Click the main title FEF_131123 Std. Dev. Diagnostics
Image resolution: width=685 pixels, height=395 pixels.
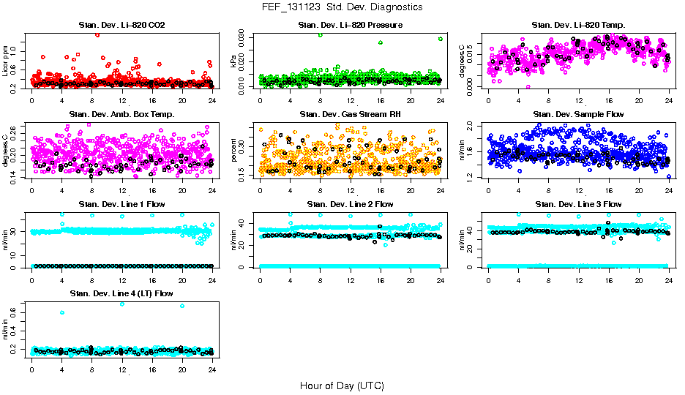[342, 7]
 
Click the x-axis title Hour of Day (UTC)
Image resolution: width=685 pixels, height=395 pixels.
[342, 385]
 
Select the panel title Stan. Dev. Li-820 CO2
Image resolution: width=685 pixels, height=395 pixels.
[121, 26]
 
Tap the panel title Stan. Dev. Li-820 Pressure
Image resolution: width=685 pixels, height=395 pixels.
[350, 26]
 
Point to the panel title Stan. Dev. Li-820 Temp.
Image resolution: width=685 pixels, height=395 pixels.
[578, 26]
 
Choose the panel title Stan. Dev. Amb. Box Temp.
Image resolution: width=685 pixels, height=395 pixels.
[121, 114]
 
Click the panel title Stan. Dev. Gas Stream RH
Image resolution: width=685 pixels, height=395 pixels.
[350, 114]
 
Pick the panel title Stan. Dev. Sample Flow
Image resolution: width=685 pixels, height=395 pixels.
[578, 114]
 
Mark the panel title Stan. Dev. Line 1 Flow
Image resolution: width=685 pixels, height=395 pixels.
[121, 204]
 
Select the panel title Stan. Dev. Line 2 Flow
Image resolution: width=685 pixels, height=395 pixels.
[350, 204]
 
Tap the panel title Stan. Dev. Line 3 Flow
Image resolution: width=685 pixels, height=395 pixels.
[578, 204]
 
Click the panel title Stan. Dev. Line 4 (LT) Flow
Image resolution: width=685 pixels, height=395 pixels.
[121, 293]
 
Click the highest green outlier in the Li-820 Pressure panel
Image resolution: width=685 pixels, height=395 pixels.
[320, 34]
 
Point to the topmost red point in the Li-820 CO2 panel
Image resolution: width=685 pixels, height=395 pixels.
[97, 34]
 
